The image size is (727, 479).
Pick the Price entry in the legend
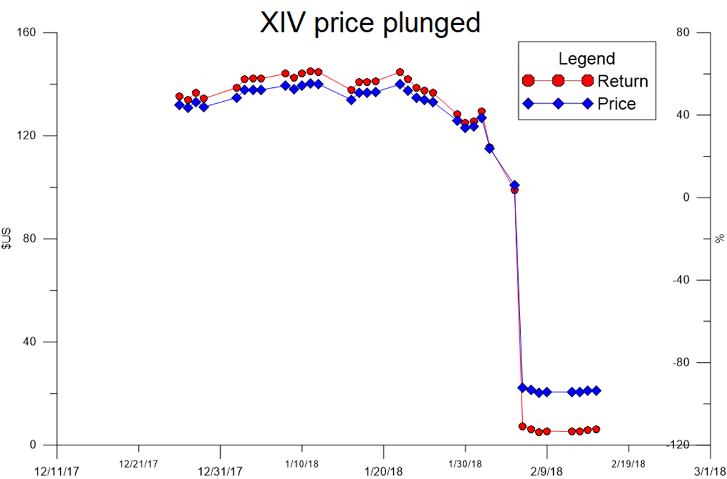[616, 104]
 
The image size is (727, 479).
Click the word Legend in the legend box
[587, 59]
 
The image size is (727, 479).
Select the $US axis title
[8, 238]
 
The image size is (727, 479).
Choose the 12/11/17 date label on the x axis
[56, 471]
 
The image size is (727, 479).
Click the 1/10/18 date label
[301, 464]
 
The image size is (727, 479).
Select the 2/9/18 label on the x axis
[547, 471]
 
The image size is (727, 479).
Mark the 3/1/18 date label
[710, 471]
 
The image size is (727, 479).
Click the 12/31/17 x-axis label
[220, 471]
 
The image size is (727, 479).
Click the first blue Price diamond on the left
[179, 105]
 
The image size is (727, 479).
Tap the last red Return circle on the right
[596, 429]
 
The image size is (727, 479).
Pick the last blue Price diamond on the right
[596, 390]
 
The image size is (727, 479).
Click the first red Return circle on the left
[179, 96]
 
